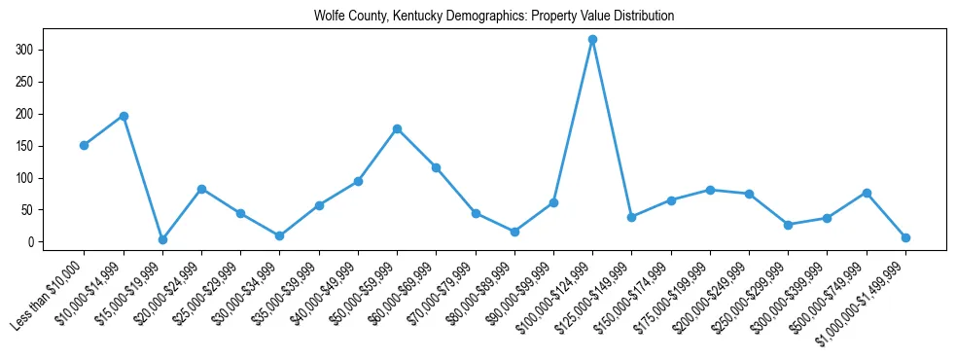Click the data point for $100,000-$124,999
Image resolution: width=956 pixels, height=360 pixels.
tap(592, 40)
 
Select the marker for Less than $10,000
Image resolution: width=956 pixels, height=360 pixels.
tap(84, 145)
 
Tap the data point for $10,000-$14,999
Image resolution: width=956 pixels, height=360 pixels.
tap(124, 116)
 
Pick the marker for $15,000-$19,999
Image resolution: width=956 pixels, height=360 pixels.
tap(162, 239)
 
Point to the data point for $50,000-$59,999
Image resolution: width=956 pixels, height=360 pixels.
tap(397, 128)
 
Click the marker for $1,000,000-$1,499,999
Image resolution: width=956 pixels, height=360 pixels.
tap(905, 237)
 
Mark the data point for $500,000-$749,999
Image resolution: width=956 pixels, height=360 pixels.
tap(867, 193)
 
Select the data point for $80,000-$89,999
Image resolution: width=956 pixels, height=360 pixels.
tap(514, 232)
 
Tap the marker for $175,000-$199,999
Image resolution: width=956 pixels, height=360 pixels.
tap(710, 190)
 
